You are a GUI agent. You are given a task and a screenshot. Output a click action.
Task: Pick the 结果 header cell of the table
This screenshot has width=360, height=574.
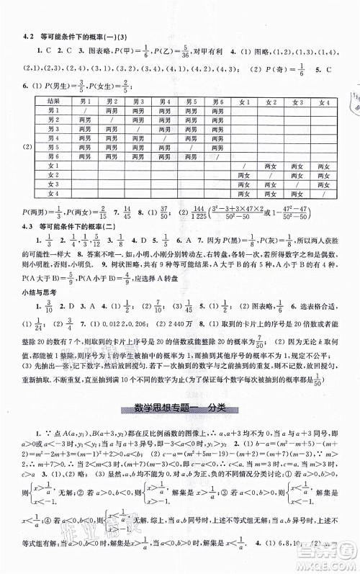pyautogui.click(x=52, y=102)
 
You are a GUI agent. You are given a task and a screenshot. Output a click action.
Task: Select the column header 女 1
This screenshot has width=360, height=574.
pyautogui.click(x=247, y=102)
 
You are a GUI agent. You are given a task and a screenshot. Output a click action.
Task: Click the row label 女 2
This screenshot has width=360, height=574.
pyautogui.click(x=52, y=174)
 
